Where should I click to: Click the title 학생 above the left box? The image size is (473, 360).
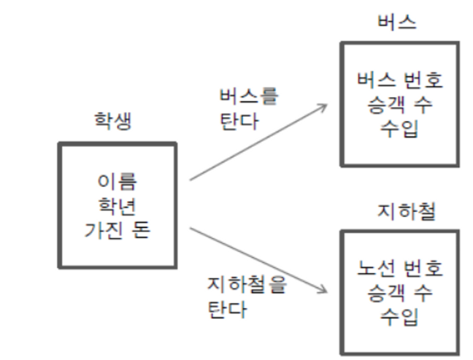pos(113,122)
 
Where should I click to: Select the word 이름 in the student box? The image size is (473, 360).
pos(117,180)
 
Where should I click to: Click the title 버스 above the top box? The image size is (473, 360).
pos(398,20)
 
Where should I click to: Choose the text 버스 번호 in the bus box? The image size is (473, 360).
pos(399,78)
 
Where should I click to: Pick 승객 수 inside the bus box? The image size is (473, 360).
pos(399,104)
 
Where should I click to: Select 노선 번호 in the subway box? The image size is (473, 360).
pos(399,268)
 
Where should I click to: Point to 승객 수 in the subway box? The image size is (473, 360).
pos(399,294)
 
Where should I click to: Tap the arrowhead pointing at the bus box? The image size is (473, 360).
pos(322,107)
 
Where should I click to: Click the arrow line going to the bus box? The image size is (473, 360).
pos(255,142)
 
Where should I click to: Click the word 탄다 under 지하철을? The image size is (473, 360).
pos(228,310)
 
